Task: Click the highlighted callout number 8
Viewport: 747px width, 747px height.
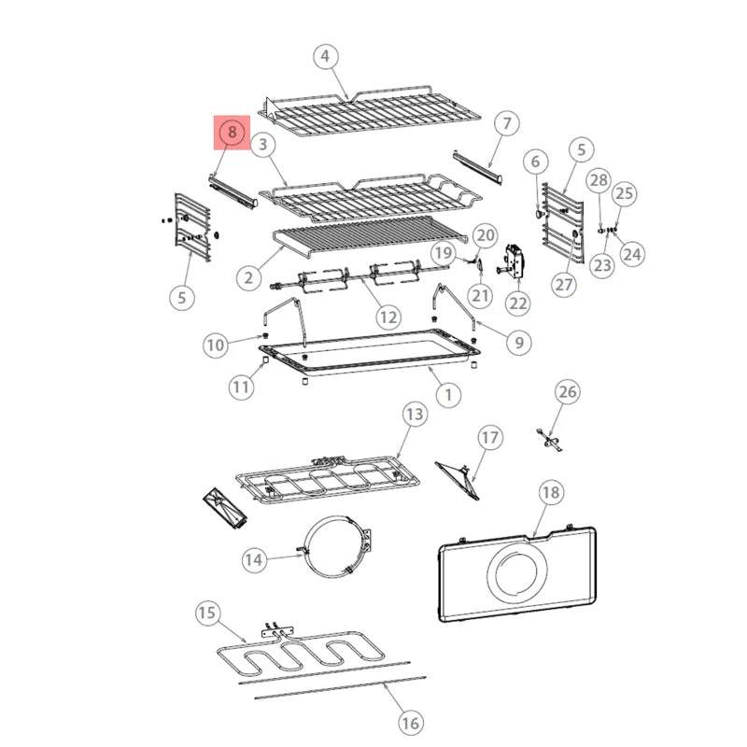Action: click(x=232, y=132)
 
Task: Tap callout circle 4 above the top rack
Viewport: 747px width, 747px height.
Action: click(x=325, y=56)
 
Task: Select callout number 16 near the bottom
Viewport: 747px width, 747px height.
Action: click(x=410, y=723)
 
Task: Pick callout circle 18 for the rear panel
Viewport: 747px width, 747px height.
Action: click(x=551, y=492)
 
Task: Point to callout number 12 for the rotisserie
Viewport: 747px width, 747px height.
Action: click(x=388, y=317)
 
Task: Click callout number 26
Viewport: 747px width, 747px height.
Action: click(x=568, y=391)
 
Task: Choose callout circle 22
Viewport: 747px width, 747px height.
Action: click(x=518, y=303)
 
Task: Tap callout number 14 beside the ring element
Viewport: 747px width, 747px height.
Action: click(x=254, y=559)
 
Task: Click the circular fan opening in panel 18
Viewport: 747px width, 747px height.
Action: click(x=517, y=571)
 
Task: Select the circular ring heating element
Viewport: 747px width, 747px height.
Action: click(x=305, y=548)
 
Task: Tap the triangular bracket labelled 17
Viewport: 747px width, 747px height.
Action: click(x=458, y=480)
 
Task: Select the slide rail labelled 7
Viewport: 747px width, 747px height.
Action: click(x=477, y=168)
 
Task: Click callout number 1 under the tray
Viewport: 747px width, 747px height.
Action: click(x=448, y=395)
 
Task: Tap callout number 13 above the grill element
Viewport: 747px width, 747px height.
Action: click(x=415, y=414)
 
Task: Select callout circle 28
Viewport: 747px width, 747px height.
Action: click(x=599, y=180)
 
